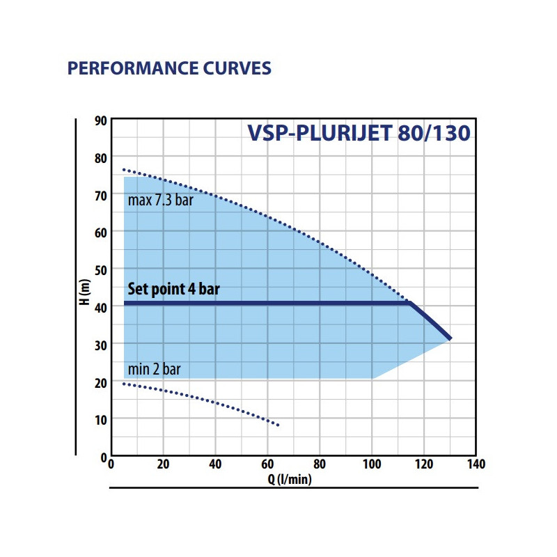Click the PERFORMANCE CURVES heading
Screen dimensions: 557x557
[x=168, y=69]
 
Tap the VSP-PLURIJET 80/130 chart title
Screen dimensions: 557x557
[x=359, y=132]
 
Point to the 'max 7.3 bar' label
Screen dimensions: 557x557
[x=161, y=201]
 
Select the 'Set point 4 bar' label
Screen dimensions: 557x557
[x=173, y=289]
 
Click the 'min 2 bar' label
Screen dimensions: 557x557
[x=154, y=369]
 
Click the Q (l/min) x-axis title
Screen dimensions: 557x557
[x=292, y=479]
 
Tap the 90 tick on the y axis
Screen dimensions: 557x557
[x=100, y=120]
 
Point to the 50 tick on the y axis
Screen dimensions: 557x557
[x=100, y=269]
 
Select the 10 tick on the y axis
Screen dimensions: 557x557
[x=100, y=418]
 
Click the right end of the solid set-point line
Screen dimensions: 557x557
[x=450, y=338]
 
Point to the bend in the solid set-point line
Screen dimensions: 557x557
[x=411, y=303]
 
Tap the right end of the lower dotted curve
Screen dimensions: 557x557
[x=278, y=425]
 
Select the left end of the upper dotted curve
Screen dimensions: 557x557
[x=124, y=169]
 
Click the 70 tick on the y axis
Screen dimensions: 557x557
[x=100, y=195]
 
